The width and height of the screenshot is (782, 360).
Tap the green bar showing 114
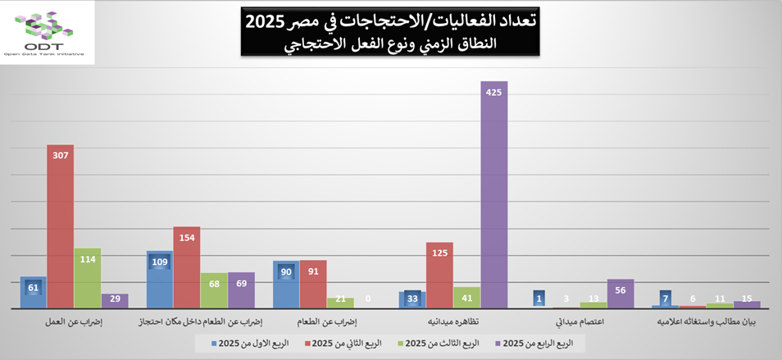[88, 279]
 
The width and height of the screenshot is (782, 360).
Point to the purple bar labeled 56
[621, 294]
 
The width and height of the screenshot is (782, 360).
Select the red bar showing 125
[440, 276]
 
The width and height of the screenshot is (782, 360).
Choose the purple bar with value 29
[115, 301]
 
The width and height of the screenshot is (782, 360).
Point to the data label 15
[747, 299]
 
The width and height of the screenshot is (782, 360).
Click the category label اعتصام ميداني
[580, 323]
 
